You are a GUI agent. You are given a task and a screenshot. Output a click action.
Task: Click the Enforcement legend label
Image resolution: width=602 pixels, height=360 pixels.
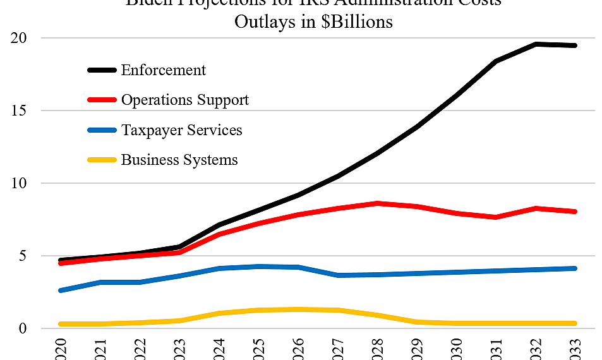(x=164, y=69)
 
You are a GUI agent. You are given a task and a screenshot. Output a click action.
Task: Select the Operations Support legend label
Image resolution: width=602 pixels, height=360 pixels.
(x=185, y=100)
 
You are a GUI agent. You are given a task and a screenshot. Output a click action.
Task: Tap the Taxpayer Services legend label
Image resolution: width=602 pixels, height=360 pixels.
(x=182, y=130)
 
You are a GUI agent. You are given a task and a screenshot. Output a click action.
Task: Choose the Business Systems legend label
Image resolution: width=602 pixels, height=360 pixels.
(x=179, y=160)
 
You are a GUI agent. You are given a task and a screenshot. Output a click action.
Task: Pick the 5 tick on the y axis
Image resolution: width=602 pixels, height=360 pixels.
(x=21, y=256)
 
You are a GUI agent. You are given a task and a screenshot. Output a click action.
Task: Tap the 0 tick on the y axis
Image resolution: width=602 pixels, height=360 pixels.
(x=21, y=328)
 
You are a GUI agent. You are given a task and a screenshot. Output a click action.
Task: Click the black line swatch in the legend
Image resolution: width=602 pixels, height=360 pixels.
(x=103, y=70)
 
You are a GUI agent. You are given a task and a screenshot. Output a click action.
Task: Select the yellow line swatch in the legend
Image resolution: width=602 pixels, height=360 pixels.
(x=103, y=160)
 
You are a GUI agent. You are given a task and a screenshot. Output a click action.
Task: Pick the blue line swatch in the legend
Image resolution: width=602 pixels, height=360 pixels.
(x=103, y=130)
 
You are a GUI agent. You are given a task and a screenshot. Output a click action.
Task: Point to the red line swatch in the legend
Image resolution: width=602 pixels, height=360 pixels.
(x=103, y=100)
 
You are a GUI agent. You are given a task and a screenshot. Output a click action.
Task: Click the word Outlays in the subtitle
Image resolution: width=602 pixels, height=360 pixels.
(x=260, y=21)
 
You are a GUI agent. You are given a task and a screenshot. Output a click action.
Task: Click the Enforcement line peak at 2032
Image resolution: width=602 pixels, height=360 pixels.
(x=536, y=44)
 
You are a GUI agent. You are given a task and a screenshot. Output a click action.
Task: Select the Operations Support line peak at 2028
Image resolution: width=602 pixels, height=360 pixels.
(x=377, y=203)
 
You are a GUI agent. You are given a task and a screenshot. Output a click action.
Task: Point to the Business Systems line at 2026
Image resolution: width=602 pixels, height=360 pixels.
(x=298, y=309)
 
